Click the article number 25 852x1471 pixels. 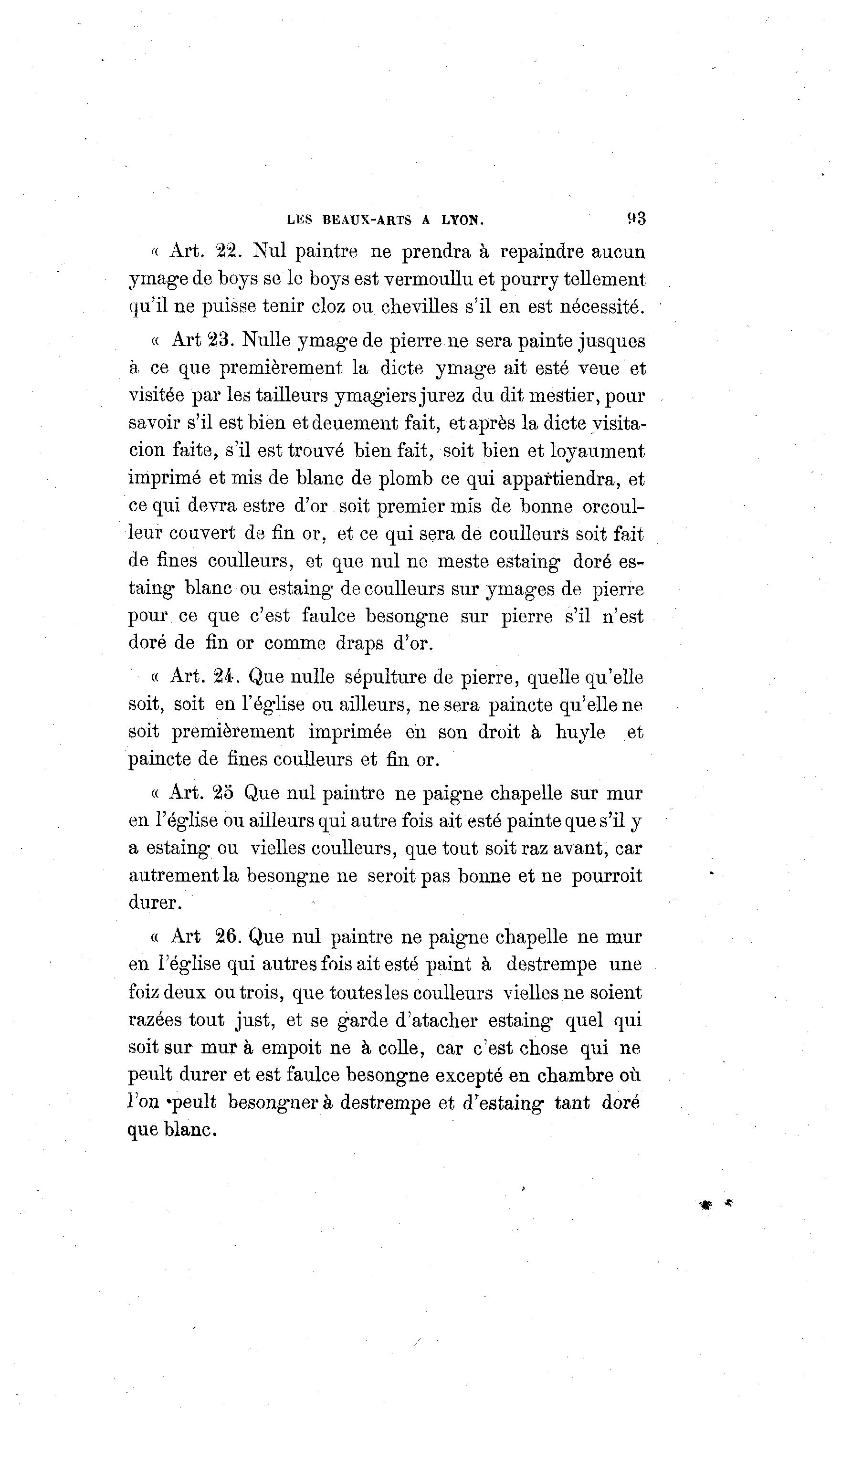click(223, 793)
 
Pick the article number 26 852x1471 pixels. click(228, 936)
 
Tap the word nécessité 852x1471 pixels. click(602, 306)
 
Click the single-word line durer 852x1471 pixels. click(155, 903)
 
